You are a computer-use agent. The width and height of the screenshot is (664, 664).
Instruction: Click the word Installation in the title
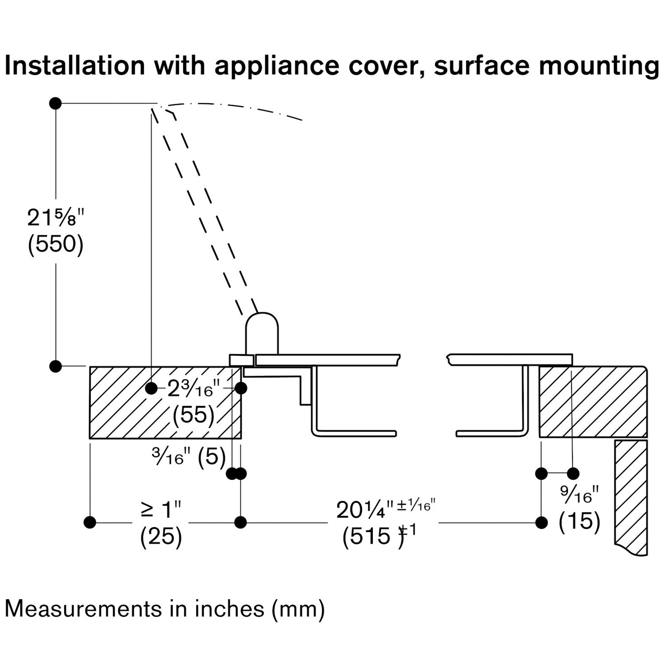pyautogui.click(x=74, y=66)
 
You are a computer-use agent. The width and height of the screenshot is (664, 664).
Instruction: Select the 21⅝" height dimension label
pyautogui.click(x=55, y=218)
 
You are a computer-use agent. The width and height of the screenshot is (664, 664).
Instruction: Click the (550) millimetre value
pyautogui.click(x=55, y=244)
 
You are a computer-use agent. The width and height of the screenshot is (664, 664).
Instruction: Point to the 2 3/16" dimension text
pyautogui.click(x=193, y=390)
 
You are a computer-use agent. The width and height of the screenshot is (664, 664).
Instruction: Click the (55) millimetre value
pyautogui.click(x=193, y=415)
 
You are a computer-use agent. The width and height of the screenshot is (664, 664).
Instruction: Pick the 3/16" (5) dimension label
pyautogui.click(x=189, y=456)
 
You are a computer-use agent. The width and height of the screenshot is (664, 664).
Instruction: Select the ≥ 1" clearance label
pyautogui.click(x=161, y=510)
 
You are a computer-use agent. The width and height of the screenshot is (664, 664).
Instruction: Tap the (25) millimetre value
pyautogui.click(x=161, y=537)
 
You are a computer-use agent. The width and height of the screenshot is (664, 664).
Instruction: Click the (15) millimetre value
pyautogui.click(x=579, y=521)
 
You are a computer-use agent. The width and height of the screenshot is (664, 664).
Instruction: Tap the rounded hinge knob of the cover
pyautogui.click(x=262, y=333)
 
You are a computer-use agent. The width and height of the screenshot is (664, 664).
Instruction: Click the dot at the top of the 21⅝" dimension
pyautogui.click(x=55, y=104)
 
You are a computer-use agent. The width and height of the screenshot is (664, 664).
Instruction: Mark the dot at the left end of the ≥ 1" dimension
pyautogui.click(x=90, y=522)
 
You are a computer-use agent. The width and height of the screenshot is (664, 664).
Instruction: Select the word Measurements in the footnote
pyautogui.click(x=83, y=609)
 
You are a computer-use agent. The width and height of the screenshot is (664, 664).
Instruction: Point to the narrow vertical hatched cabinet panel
pyautogui.click(x=630, y=496)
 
